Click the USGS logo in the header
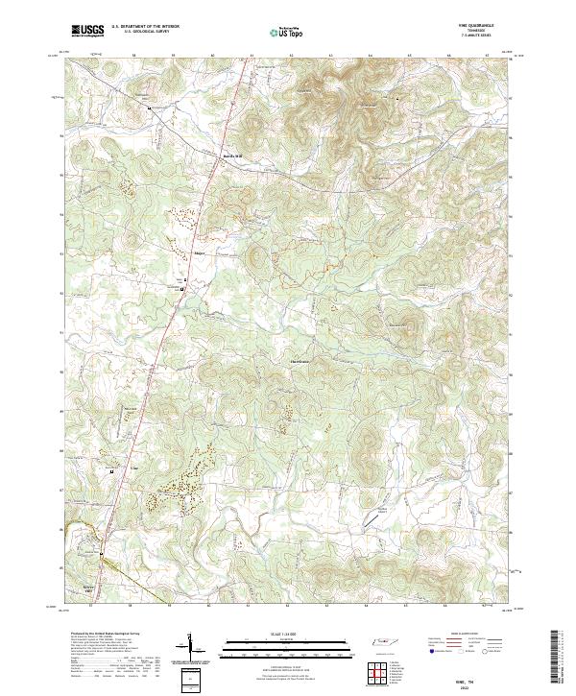87,31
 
